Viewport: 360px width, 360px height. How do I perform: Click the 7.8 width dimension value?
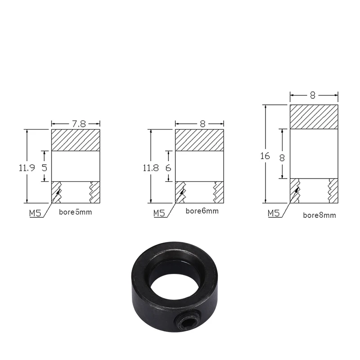click(79, 124)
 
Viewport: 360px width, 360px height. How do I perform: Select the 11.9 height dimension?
click(27, 168)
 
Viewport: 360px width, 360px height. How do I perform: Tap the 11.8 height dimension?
click(151, 168)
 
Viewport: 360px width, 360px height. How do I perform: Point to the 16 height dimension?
click(265, 156)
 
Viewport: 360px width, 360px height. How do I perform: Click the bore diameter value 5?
click(44, 168)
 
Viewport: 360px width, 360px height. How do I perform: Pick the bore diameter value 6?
click(168, 168)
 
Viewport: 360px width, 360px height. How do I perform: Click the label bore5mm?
click(75, 212)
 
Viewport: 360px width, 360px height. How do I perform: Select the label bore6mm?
click(202, 211)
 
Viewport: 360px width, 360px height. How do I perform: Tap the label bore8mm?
click(319, 215)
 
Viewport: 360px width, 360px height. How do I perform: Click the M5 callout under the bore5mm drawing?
click(35, 213)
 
